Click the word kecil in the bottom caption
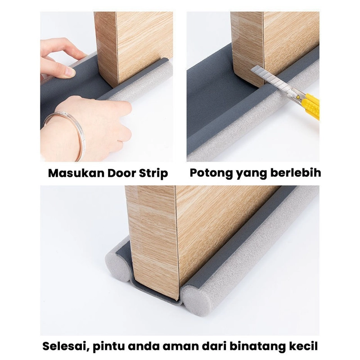pyautogui.click(x=305, y=346)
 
